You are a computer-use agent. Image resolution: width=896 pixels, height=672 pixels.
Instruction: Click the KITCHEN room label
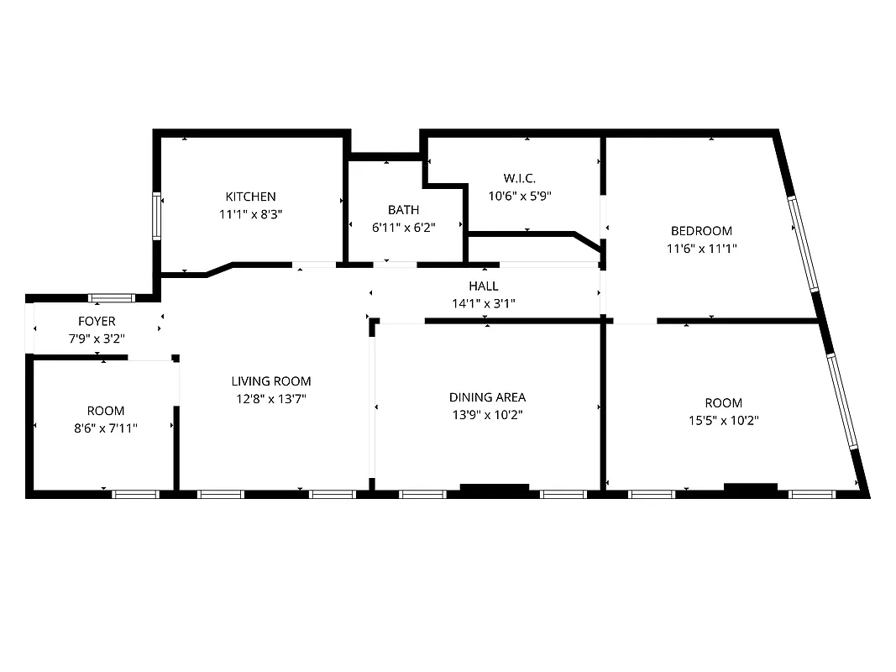click(x=249, y=197)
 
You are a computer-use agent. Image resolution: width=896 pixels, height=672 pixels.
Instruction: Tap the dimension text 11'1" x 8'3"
click(x=249, y=214)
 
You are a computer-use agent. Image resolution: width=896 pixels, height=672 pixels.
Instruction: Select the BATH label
click(x=403, y=209)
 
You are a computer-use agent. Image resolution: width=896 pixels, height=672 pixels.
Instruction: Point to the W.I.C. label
click(x=520, y=178)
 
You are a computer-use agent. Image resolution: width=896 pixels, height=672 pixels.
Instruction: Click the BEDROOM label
click(x=701, y=230)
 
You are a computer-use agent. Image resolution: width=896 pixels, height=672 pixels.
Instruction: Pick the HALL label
click(x=484, y=286)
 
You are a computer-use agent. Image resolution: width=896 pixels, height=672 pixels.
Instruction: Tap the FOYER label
click(x=97, y=321)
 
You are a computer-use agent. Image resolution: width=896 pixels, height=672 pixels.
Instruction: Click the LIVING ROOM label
click(x=271, y=381)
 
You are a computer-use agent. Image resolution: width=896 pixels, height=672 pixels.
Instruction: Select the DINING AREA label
click(x=487, y=397)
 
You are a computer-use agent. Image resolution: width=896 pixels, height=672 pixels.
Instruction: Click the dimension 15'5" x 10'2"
click(x=723, y=420)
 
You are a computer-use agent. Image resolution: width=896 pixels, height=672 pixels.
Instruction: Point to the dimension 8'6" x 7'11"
click(x=106, y=428)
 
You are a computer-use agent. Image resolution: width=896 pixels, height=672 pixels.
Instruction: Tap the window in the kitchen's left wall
click(x=156, y=217)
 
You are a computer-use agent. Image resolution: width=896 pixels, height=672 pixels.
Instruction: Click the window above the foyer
click(x=112, y=297)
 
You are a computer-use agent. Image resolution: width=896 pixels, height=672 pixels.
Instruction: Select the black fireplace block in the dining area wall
click(x=495, y=487)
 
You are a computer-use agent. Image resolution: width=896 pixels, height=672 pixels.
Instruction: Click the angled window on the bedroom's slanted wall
click(x=804, y=244)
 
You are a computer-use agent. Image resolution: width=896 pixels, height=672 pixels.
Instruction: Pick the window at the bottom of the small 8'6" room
click(x=135, y=494)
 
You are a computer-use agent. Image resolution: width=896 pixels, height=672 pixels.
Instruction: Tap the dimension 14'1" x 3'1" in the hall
click(x=484, y=303)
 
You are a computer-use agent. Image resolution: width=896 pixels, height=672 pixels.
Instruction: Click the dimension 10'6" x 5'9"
click(x=520, y=195)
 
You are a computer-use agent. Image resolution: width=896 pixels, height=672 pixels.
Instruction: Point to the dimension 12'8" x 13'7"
click(x=271, y=399)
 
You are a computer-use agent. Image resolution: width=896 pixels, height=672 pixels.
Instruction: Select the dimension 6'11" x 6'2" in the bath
click(x=403, y=227)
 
